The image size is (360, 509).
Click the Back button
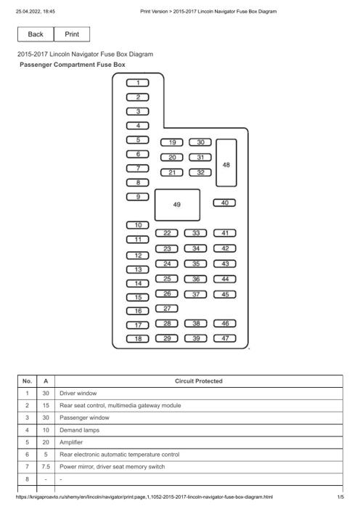[36, 34]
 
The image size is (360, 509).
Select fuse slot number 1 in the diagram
[138, 83]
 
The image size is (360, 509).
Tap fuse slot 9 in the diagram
[138, 197]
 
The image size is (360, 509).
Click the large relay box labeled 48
[226, 163]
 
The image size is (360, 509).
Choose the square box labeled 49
[177, 205]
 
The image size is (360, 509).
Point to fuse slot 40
[224, 203]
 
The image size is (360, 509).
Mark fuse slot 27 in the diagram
[166, 309]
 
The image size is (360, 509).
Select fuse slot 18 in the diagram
[138, 338]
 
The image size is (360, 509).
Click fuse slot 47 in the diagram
[224, 338]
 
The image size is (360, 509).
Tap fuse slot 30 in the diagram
[200, 142]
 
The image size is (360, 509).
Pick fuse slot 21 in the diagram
[172, 172]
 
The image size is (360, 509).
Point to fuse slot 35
[195, 264]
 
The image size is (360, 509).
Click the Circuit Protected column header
[199, 381]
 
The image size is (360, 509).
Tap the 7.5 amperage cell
[46, 467]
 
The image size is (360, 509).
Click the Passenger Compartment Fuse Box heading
[73, 65]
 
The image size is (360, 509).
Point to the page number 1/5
[340, 497]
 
